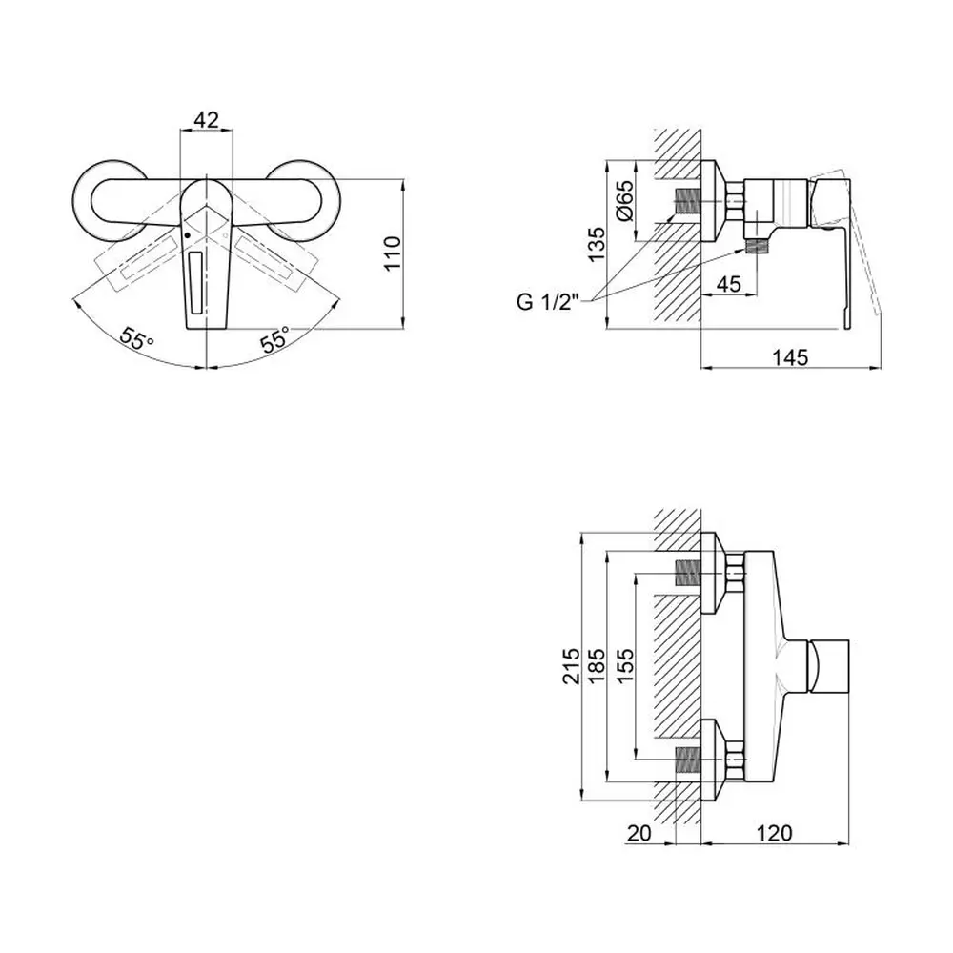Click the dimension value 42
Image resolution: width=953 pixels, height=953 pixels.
click(207, 120)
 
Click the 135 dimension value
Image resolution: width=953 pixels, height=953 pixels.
click(596, 245)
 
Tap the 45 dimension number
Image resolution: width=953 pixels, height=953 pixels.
click(728, 283)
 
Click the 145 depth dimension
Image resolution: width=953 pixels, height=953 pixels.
click(789, 357)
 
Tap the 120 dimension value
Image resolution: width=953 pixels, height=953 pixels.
click(774, 833)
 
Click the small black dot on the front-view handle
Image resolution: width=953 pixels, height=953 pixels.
click(188, 234)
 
